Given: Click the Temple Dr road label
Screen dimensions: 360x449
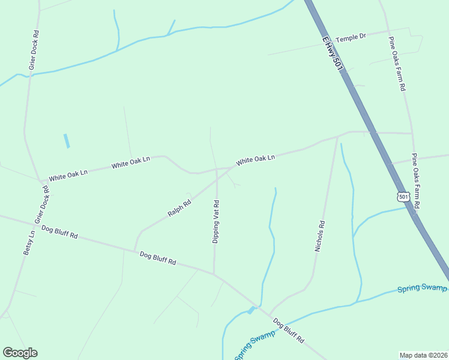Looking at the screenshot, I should pos(351,37).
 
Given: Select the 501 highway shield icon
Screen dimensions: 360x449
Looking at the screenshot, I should pos(403,197).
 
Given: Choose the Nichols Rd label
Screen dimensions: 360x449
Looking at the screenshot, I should pos(321,236).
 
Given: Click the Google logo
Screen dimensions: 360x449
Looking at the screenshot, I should pos(20,353).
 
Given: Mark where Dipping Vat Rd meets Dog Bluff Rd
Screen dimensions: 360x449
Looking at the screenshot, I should pos(214,274).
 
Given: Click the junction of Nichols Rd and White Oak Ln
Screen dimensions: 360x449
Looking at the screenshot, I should pos(337,137).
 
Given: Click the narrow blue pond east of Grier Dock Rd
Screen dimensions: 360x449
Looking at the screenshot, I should pos(66,141).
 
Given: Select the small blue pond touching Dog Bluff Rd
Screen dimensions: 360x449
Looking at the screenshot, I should pos(251,310).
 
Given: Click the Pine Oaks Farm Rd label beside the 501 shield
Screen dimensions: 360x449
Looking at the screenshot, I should pos(415,181).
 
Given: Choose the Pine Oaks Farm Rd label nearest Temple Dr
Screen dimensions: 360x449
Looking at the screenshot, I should pos(397,64).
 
